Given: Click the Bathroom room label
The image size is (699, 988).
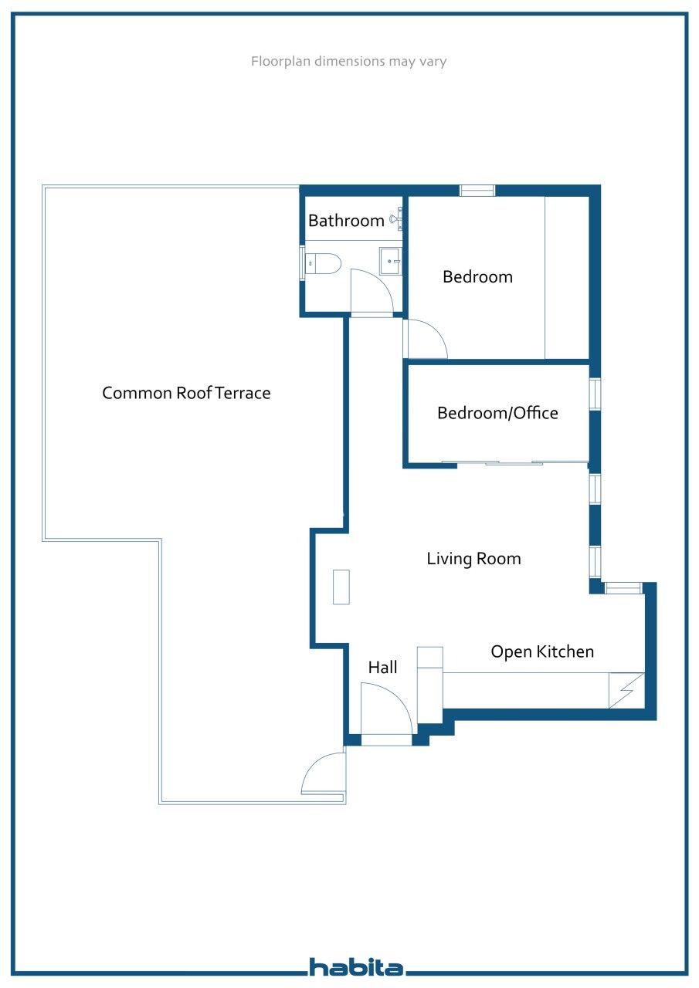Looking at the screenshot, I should [x=346, y=221].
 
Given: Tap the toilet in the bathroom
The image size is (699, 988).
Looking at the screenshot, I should [x=324, y=264].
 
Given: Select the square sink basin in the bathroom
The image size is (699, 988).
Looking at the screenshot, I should [x=390, y=261].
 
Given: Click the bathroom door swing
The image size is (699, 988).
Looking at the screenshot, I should [x=370, y=291].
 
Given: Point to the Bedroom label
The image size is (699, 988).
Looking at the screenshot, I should [x=477, y=276].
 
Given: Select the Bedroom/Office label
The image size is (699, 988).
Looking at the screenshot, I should [x=497, y=413].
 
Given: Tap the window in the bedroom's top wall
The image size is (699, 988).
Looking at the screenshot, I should [x=477, y=191].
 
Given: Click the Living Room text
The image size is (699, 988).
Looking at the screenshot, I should [x=473, y=559].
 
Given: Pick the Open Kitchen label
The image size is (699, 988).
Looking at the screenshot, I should [x=542, y=651].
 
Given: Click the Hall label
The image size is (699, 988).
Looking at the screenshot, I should [x=382, y=668].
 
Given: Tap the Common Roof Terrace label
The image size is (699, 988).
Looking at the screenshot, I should [x=186, y=393].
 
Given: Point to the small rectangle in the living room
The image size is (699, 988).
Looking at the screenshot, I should [x=341, y=587].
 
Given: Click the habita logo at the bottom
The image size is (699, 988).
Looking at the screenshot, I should [x=356, y=966].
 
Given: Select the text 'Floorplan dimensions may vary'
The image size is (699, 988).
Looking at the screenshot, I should [x=348, y=62].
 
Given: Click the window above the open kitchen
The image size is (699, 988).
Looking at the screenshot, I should [x=623, y=589].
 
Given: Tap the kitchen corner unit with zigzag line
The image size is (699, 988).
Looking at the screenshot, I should [x=626, y=690].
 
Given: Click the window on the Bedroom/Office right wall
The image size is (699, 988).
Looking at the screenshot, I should [x=595, y=394].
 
